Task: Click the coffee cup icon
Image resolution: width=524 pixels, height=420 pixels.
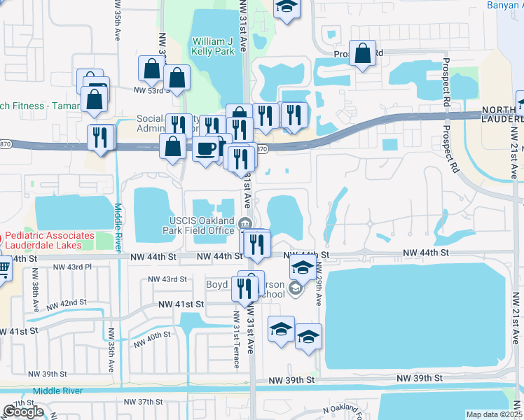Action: pyautogui.click(x=205, y=148)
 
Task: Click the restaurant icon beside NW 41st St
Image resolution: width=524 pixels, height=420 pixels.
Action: pyautogui.click(x=244, y=287)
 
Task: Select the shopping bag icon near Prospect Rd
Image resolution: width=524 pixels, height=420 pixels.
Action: pyautogui.click(x=362, y=54)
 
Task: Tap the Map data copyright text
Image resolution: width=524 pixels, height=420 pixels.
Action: pyautogui.click(x=494, y=414)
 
